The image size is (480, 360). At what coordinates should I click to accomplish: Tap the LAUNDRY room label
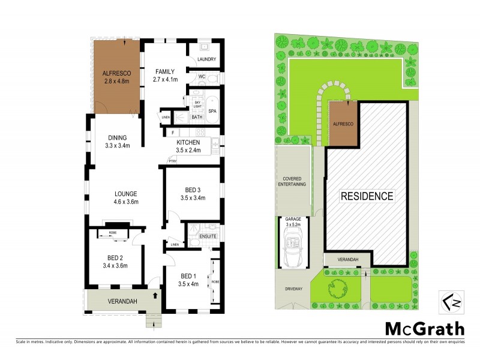(206, 59)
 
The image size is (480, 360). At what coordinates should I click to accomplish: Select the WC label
(202, 76)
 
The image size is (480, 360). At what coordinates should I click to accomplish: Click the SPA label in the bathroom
(212, 112)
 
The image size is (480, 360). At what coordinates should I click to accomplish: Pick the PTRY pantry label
(172, 161)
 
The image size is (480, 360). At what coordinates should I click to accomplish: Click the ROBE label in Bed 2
(113, 233)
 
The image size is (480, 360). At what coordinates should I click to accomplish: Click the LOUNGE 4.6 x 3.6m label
(127, 198)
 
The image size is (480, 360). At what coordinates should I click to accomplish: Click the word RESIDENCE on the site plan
(368, 196)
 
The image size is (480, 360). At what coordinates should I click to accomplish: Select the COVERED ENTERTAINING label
(294, 181)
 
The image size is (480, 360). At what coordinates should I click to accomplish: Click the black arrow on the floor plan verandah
(156, 295)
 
